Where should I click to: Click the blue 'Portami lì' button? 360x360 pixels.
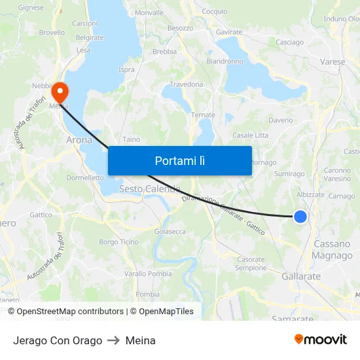coord(179,160)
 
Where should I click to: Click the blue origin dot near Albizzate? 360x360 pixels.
coord(300,216)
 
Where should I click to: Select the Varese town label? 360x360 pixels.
coord(333,62)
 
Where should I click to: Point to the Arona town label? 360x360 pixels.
coord(79,140)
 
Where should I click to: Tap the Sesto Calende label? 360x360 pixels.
coord(149,189)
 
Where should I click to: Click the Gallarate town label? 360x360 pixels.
coord(301,276)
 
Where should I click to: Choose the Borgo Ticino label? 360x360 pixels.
coord(118,242)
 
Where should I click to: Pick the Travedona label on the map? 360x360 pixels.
coord(187,84)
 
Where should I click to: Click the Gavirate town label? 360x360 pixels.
coord(229,31)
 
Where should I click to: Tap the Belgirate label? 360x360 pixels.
coord(90,37)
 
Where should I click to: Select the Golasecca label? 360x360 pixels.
coord(170,231)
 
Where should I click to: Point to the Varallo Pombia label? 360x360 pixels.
coord(148,274)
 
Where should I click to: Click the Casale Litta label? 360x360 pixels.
coord(250,135)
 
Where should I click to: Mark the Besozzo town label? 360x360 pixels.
coord(181,28)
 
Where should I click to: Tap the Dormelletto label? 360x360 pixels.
coord(85,177)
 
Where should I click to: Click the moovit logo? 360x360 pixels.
coord(321,339)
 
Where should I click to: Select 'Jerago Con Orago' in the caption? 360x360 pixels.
coord(58,340)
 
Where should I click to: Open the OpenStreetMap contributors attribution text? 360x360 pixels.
coord(70,312)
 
